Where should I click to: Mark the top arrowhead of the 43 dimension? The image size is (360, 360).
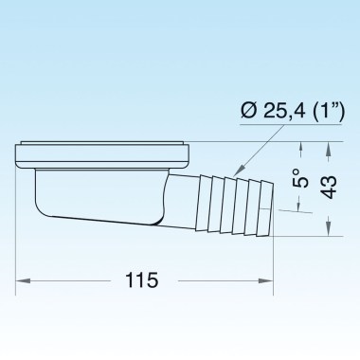pyautogui.click(x=329, y=148)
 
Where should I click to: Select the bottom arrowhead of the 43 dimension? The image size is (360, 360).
pyautogui.click(x=329, y=230)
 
